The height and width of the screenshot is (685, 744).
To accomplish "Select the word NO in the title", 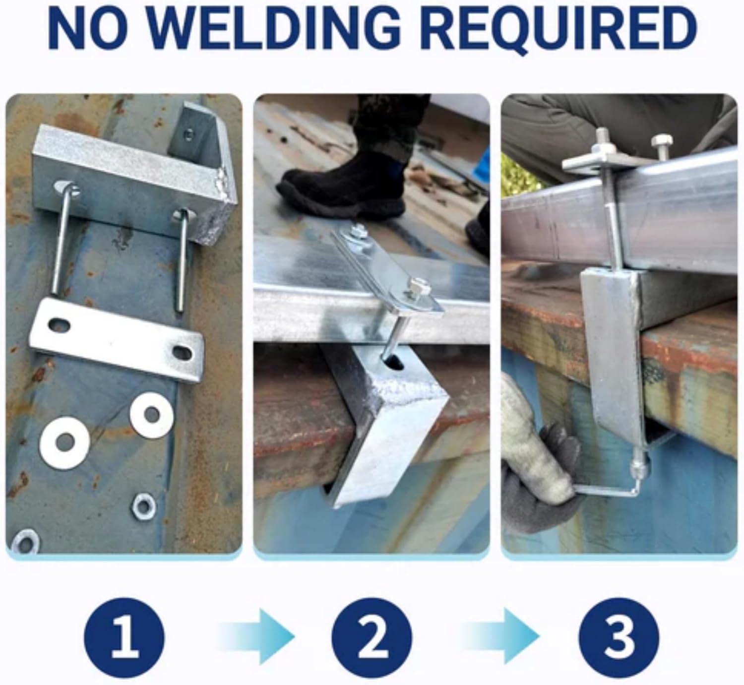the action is [93, 29].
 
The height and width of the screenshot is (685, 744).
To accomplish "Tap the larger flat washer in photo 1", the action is [65, 442].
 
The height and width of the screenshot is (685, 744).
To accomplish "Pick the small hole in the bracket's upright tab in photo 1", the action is [189, 133].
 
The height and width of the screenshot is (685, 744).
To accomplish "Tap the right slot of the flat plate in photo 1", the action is [182, 353].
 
